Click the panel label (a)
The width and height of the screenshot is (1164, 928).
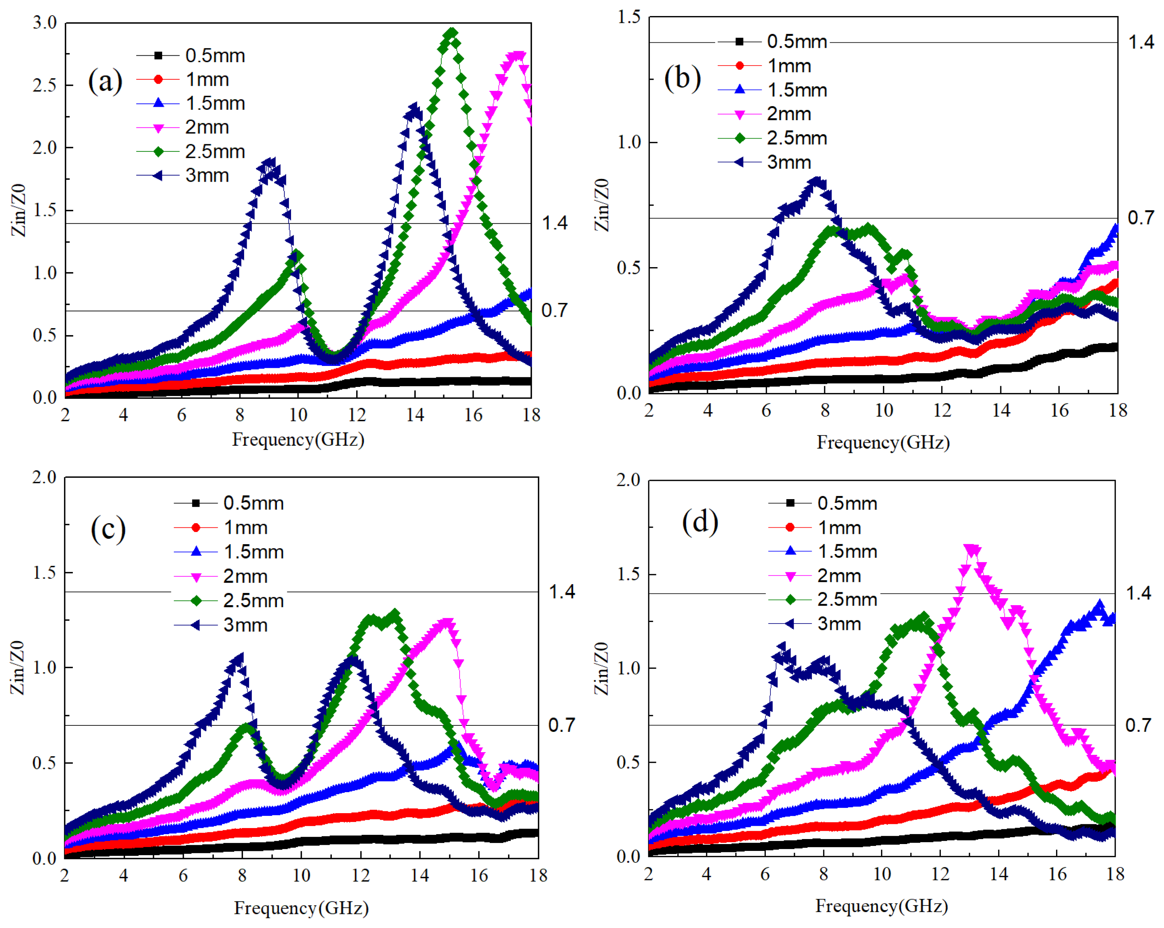[105, 81]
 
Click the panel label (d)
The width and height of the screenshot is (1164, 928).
[700, 522]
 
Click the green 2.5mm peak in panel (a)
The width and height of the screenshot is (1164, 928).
[451, 34]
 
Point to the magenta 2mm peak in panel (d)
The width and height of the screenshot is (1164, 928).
[972, 550]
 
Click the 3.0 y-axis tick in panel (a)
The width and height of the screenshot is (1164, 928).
[44, 23]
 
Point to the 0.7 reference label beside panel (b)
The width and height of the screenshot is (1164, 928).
[1141, 217]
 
